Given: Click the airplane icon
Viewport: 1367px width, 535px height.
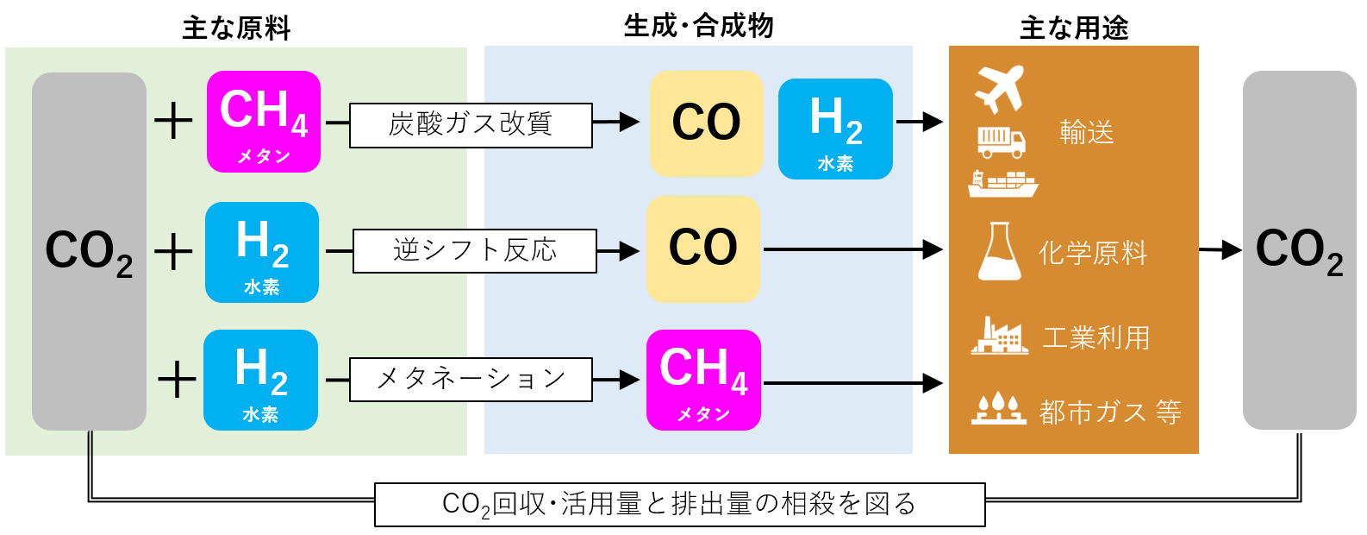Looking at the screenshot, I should coord(999,88).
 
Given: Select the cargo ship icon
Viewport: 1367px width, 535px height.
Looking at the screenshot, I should coord(1002,184).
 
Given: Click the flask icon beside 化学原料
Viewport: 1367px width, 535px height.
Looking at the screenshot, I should coord(1000,251).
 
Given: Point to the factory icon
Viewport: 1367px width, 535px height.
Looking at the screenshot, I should coord(1000,336).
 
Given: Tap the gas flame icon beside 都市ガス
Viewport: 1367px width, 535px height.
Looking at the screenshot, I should coord(999,409).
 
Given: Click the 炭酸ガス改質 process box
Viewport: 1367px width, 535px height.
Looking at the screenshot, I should coord(471,125).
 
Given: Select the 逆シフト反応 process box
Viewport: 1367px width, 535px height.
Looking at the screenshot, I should coord(474,251).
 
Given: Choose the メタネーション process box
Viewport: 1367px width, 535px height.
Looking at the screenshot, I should coord(471,380).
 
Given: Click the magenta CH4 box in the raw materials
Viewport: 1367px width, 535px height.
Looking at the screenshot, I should coord(264,122).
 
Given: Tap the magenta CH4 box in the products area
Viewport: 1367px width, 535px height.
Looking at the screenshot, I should coord(703,380).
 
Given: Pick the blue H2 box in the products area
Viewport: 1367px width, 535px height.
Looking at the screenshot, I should coord(835,129).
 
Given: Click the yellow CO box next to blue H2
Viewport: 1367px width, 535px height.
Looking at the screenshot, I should coord(706,124).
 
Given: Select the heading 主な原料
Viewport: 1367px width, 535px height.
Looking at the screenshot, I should coord(236,28).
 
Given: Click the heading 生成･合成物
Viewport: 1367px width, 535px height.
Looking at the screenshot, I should coord(698,27).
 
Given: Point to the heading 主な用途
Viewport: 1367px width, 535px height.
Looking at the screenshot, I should coord(1074,28).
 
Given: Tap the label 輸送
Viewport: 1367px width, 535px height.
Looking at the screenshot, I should coord(1086,133).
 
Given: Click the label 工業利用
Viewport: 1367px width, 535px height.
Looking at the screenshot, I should coord(1096,337).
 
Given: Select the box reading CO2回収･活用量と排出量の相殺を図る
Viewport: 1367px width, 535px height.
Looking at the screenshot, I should coord(679,505).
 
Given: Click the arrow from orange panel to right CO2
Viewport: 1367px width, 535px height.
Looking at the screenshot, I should coord(1220,250).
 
